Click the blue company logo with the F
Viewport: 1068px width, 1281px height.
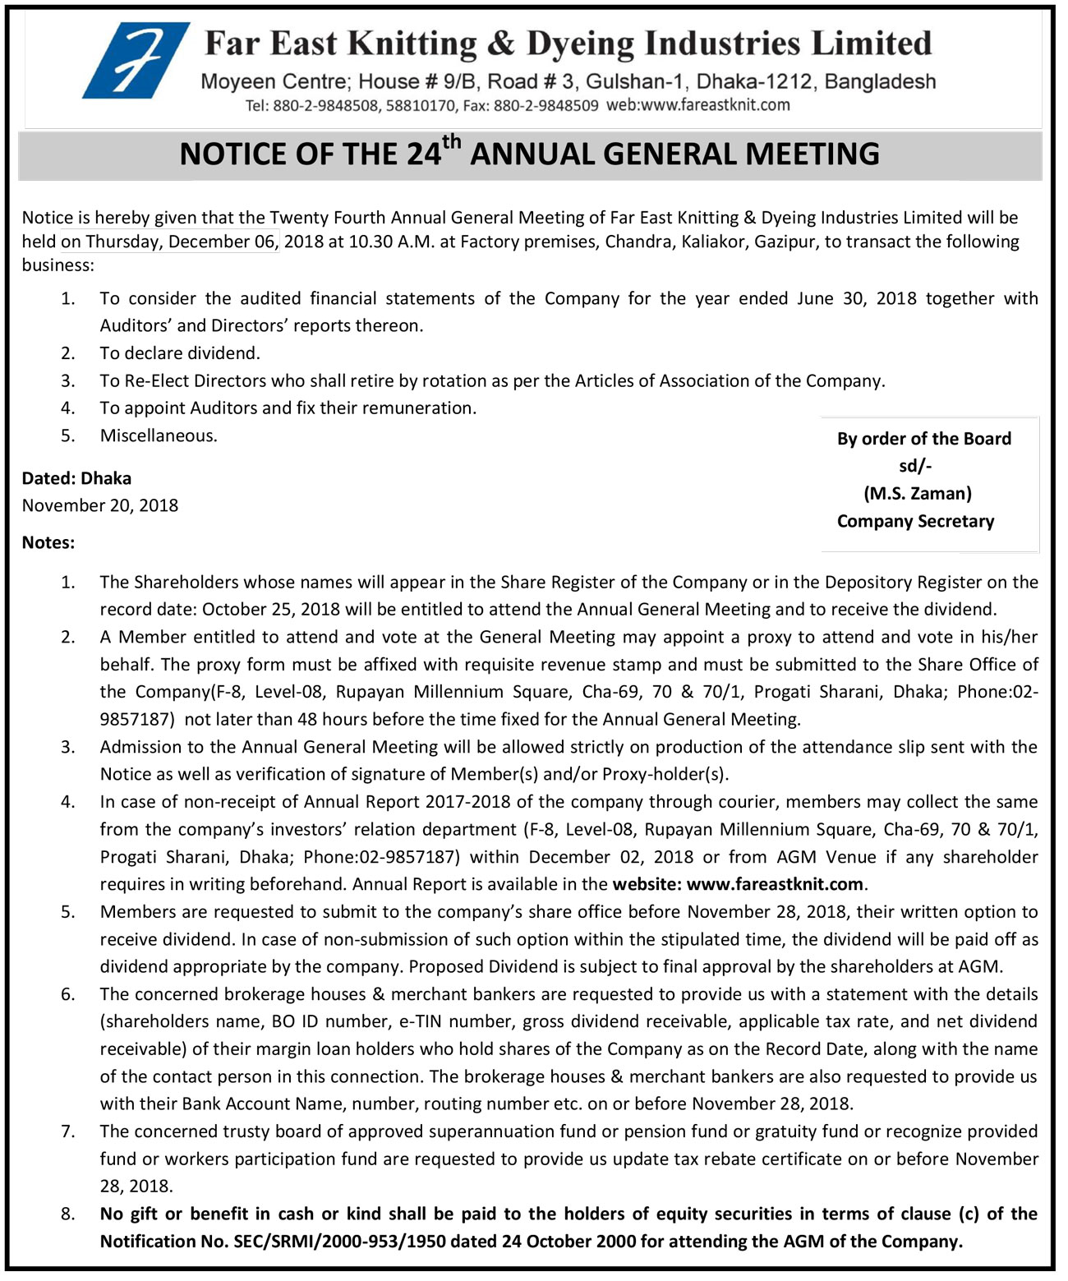point(135,61)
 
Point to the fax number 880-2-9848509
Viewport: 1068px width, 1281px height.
point(546,106)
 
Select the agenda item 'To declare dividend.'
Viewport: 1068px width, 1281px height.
point(180,353)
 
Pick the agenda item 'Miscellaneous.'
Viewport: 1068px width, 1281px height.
point(159,435)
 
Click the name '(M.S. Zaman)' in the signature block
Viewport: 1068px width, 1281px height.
point(917,493)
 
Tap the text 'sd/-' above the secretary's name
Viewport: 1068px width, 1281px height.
point(915,466)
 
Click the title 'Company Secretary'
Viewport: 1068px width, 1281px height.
point(915,521)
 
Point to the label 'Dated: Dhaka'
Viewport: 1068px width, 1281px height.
point(76,478)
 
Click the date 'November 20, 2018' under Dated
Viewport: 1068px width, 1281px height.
point(100,505)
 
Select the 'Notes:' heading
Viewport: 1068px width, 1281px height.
point(48,542)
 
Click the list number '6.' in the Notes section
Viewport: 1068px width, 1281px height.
point(68,994)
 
